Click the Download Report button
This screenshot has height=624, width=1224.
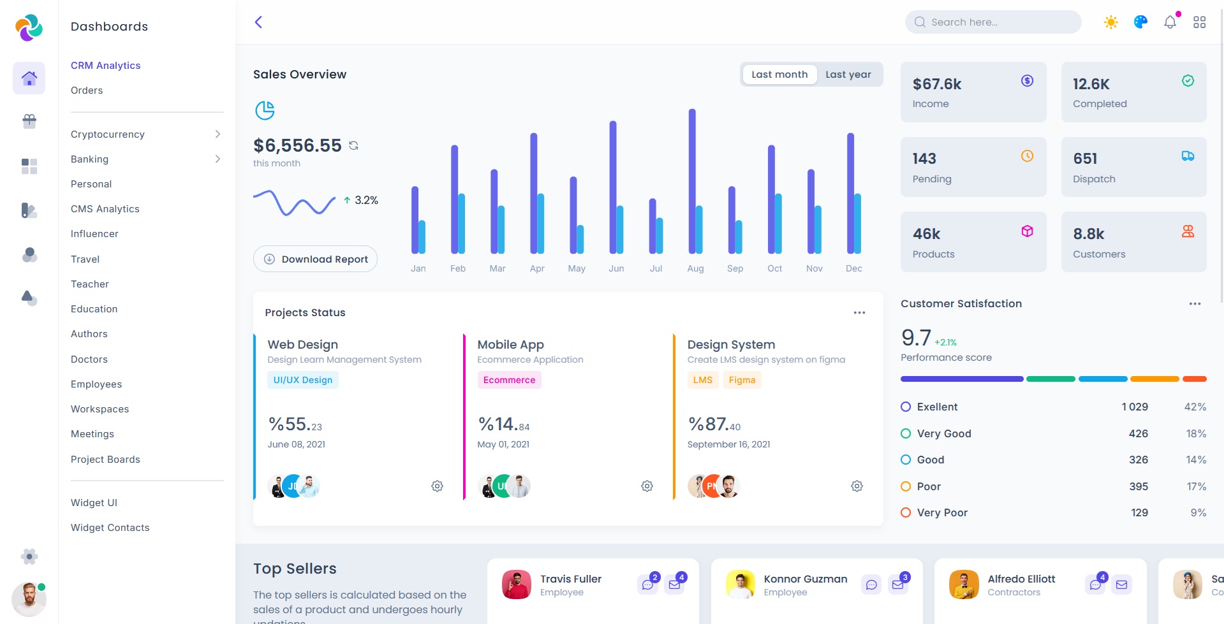point(315,259)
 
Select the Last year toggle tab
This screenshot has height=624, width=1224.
point(848,75)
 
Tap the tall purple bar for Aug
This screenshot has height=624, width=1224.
point(691,181)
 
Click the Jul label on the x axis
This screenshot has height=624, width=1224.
point(656,268)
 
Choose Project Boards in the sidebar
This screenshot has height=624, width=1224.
point(105,460)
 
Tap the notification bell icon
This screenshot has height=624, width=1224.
point(1170,22)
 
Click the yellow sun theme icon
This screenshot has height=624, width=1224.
point(1110,22)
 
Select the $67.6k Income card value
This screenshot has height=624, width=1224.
point(936,84)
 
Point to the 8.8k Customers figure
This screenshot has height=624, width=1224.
point(1088,234)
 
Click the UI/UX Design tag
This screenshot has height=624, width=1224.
point(303,380)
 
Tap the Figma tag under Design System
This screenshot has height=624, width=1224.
point(742,380)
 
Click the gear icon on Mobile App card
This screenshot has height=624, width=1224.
point(647,486)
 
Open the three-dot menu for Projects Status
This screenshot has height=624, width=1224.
point(859,313)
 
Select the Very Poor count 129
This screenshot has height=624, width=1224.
point(1139,512)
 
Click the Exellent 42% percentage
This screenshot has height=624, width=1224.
point(1195,407)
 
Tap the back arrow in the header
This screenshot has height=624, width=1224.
point(258,22)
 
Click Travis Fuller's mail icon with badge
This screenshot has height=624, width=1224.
point(674,584)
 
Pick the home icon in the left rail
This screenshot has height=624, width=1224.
point(29,78)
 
